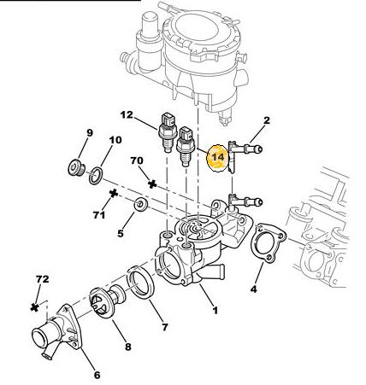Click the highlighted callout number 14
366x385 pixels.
218,157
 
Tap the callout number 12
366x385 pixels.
127,114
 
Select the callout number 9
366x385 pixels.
90,133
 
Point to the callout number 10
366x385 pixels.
115,140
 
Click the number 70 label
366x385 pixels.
137,160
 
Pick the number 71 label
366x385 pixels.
99,215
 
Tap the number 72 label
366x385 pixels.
43,279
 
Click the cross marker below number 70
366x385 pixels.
152,184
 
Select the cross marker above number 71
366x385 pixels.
114,194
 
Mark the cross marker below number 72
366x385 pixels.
34,307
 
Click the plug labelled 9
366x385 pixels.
76,167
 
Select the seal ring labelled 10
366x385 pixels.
96,176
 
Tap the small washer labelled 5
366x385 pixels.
141,204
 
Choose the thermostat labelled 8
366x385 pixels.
107,301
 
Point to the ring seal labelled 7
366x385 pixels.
140,283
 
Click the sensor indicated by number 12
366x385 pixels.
167,132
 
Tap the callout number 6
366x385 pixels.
97,375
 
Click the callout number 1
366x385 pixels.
215,310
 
